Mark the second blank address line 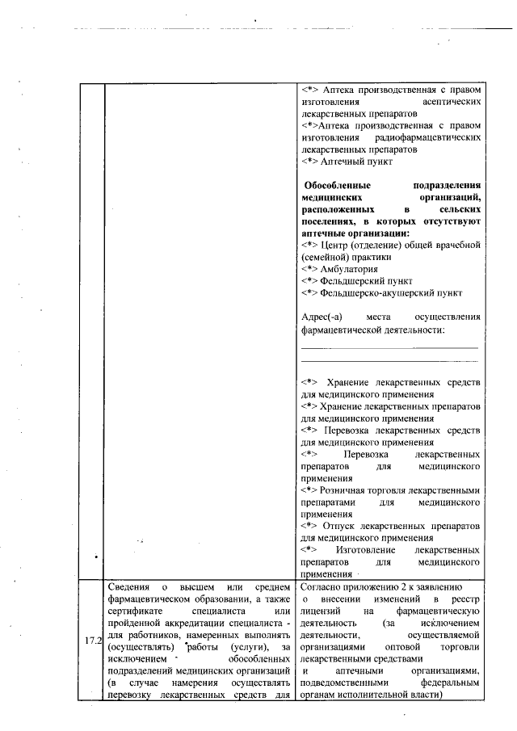coord(389,361)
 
